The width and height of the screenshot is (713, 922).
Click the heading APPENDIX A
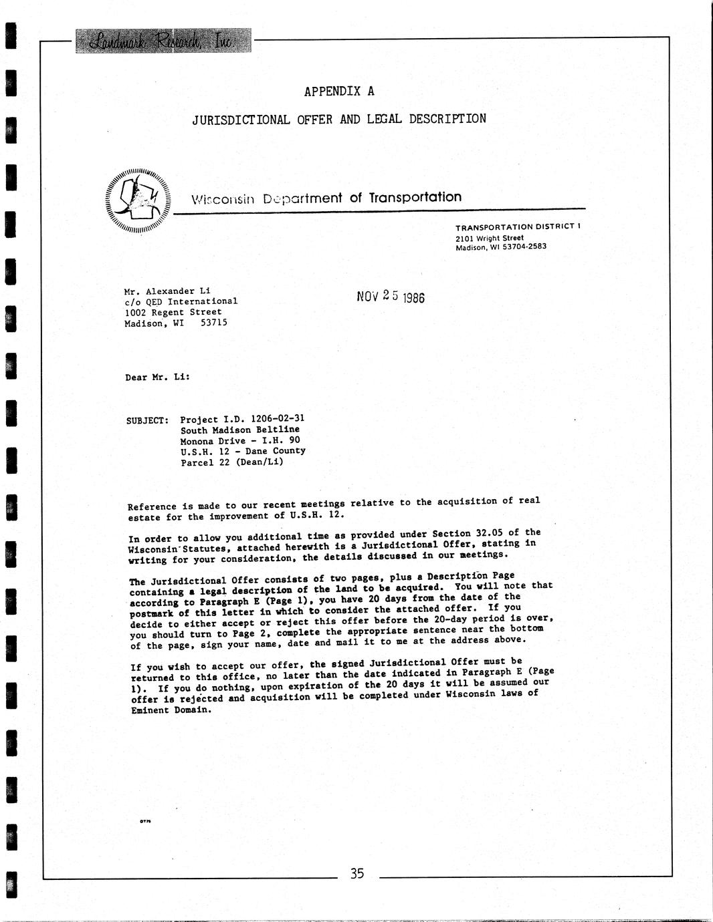pos(339,91)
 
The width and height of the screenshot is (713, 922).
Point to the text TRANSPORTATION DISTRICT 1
pos(518,226)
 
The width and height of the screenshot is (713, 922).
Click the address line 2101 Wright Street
pos(490,237)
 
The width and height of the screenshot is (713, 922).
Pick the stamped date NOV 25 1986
pos(391,296)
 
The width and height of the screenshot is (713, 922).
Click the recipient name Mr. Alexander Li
pos(167,291)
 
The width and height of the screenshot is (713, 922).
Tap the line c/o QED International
pos(181,301)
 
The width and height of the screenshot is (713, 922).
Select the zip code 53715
pos(214,323)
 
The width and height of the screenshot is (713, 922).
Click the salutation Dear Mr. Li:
pos(157,377)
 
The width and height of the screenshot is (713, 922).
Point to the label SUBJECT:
pos(147,421)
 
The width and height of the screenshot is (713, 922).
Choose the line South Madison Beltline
pos(240,430)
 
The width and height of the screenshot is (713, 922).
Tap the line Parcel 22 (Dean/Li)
pos(232,462)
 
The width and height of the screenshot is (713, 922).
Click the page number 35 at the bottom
pos(356,873)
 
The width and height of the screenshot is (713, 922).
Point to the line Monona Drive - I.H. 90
pos(240,440)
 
